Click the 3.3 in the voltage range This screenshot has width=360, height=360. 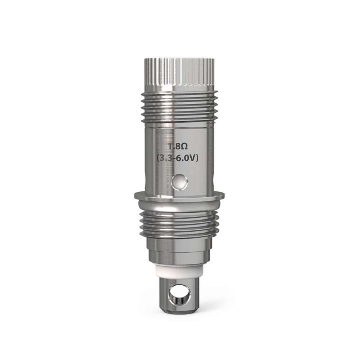click(166, 159)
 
